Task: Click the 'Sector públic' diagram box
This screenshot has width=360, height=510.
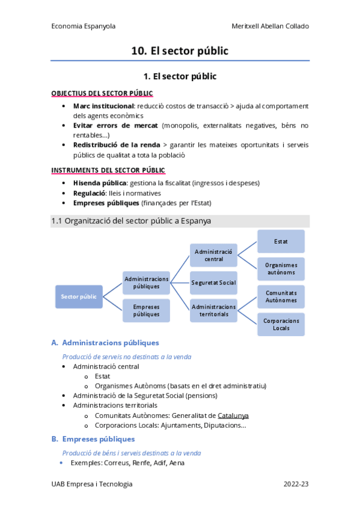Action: pos(79,296)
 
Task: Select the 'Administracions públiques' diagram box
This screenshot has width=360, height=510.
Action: pos(147,283)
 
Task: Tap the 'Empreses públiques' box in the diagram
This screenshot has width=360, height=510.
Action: pos(147,310)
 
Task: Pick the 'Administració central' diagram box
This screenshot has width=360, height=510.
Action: pos(213,255)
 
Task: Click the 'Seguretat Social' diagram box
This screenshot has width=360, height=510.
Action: pos(213,283)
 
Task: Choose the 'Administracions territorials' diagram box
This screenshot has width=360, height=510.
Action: pos(213,310)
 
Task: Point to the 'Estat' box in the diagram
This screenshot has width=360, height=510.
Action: pos(281,241)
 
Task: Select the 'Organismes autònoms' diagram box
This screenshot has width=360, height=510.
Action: pos(281,269)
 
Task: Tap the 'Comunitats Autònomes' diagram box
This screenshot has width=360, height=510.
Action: pos(281,296)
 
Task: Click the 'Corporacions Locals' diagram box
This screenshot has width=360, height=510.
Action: pos(281,324)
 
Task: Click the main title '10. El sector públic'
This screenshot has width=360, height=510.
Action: pos(180,51)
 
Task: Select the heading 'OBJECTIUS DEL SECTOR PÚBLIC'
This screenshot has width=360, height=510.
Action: pos(102,93)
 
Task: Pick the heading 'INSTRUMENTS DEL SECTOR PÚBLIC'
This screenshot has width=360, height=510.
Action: pos(108,171)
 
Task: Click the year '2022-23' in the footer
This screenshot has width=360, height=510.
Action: pos(296,484)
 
